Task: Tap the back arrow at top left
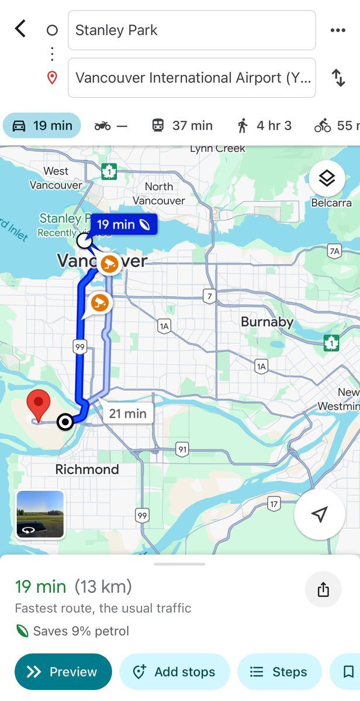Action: (20, 29)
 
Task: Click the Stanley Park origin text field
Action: (192, 30)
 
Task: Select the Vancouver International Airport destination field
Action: (192, 78)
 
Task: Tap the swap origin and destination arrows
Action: (338, 78)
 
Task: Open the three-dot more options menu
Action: (338, 30)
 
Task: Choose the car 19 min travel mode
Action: (43, 126)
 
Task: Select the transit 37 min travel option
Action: (182, 126)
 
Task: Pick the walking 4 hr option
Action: (264, 126)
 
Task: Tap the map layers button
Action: (327, 178)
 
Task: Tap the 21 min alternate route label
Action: (127, 414)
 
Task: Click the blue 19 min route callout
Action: (123, 224)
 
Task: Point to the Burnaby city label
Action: (267, 322)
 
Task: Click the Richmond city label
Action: (87, 470)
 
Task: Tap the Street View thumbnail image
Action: (40, 514)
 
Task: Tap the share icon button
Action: (323, 590)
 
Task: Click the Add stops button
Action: (175, 672)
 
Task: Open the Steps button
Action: (279, 672)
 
